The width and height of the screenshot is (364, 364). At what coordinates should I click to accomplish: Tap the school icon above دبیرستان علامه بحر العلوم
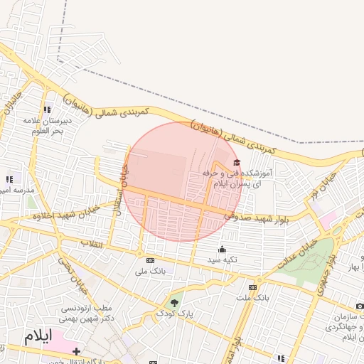47,109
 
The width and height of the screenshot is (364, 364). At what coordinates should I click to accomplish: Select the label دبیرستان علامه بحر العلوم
45,126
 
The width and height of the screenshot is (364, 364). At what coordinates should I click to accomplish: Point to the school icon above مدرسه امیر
9,179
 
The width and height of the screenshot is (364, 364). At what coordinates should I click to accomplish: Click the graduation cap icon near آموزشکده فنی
237,162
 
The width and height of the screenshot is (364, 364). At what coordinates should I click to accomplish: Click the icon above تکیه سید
222,250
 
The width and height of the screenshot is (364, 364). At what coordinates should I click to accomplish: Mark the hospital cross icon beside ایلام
76,351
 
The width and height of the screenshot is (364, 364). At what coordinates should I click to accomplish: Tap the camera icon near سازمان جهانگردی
360,306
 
